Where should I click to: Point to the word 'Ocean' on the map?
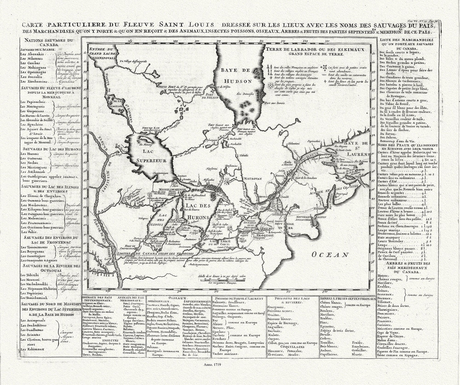point(330,254)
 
